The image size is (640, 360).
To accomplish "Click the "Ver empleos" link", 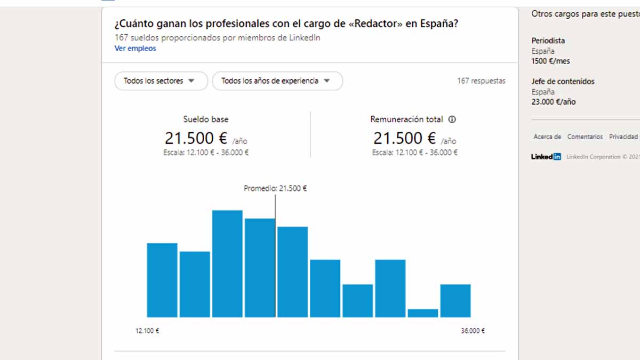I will point(135,49).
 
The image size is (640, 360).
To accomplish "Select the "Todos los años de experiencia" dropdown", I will point(277,81).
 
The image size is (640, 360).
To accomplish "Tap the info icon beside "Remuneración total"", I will point(452,119).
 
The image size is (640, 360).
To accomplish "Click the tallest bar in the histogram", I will point(227,263).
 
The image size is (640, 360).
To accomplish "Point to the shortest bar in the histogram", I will point(423,313).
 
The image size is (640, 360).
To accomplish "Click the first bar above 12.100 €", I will point(162,280).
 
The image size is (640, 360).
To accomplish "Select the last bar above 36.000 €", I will point(455,301).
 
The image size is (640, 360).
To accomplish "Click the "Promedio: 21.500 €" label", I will point(275,188).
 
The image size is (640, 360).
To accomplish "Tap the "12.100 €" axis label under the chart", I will point(147,331).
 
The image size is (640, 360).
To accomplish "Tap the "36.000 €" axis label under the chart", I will point(473,331).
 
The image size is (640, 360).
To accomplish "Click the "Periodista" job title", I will point(548,41).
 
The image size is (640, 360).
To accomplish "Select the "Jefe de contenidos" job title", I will point(563,82).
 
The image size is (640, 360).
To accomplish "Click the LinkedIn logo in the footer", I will point(546,157).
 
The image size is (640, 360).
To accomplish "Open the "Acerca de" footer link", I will point(547,137).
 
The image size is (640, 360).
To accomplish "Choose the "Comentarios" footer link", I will point(585,137).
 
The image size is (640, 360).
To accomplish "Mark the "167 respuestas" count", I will point(481,81).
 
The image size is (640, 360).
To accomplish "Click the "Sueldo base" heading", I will point(206,119).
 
